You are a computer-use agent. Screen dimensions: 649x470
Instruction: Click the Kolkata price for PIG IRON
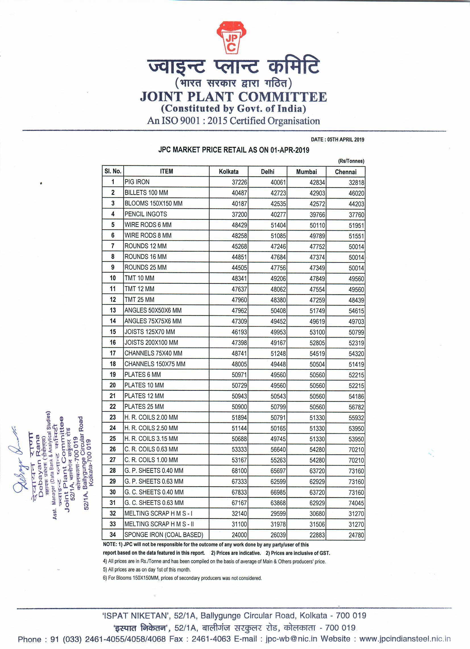[239, 182]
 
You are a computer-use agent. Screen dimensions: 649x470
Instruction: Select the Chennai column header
[345, 172]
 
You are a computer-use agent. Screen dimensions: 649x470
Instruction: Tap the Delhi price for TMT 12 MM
[278, 289]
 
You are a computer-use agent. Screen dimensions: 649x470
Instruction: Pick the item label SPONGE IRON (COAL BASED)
[163, 535]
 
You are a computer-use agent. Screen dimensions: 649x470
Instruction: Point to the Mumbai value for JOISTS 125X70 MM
[317, 332]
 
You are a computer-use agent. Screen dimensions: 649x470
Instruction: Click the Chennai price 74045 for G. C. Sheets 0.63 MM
[356, 503]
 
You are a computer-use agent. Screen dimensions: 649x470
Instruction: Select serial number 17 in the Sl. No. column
[113, 354]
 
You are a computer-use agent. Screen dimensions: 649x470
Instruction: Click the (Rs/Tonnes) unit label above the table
[351, 161]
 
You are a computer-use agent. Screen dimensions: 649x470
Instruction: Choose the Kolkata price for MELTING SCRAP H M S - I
[239, 514]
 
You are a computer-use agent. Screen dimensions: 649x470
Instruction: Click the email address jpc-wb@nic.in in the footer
[291, 639]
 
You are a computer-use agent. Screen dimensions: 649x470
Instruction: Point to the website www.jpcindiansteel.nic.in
[405, 639]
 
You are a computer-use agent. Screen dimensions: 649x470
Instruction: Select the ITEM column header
[167, 171]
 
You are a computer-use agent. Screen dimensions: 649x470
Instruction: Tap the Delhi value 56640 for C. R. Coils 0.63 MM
[278, 450]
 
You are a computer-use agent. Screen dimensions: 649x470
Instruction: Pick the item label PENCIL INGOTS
[146, 214]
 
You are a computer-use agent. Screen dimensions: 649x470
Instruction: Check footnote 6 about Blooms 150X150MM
[182, 578]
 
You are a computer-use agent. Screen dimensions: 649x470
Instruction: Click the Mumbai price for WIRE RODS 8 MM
[317, 236]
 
